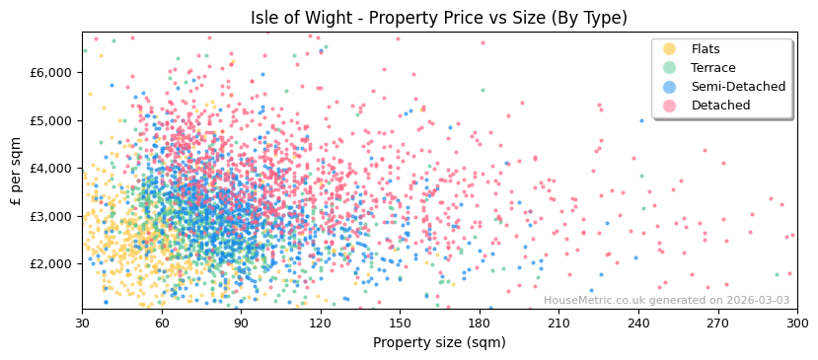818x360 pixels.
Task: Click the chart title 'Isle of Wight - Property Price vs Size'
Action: point(439,18)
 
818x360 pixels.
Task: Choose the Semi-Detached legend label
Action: point(738,87)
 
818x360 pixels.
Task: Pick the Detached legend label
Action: point(721,106)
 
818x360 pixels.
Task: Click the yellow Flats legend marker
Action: point(669,49)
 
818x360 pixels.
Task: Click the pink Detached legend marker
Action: point(669,106)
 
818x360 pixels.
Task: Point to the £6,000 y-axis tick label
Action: point(50,73)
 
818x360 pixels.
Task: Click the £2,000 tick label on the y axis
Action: point(50,264)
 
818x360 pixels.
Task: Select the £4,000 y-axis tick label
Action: point(50,169)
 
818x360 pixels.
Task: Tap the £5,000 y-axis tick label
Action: point(50,120)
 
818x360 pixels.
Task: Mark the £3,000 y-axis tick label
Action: point(50,216)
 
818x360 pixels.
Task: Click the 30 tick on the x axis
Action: point(82,323)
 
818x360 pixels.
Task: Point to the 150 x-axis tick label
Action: point(400,323)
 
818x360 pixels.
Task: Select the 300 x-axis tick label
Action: point(797,323)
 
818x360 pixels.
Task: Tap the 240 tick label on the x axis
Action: point(638,323)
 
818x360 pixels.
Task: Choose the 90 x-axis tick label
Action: point(241,323)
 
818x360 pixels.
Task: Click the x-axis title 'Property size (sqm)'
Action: point(439,342)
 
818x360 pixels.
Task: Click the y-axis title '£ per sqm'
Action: point(16,171)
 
